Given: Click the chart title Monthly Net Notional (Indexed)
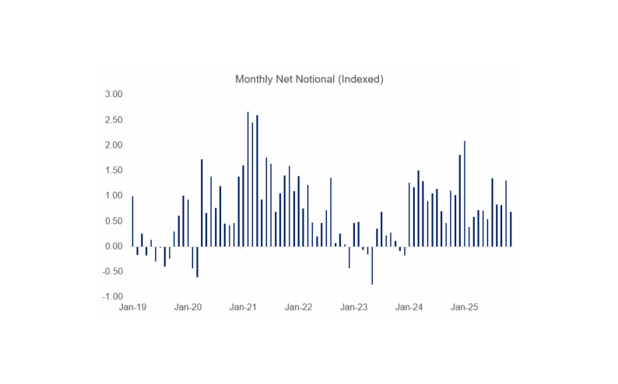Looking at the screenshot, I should click(309, 79).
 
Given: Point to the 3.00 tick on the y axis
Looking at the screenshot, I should click(114, 94).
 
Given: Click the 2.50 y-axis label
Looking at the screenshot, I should click(114, 120).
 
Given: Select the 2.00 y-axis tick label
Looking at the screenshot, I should click(114, 145).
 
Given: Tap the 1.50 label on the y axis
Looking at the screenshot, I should click(114, 170).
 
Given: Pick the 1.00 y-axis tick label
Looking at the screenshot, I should click(114, 196).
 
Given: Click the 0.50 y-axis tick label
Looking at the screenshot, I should click(114, 221).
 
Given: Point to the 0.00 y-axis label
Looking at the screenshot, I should click(114, 246).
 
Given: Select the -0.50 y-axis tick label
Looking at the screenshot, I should click(112, 271).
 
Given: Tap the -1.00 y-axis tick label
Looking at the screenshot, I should click(112, 297).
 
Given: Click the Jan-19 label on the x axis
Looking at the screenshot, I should click(132, 307).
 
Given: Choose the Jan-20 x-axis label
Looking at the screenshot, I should click(188, 307).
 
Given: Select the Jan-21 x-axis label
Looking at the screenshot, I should click(243, 307).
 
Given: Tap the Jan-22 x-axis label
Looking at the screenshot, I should click(298, 307).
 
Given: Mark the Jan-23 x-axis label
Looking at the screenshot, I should click(354, 307).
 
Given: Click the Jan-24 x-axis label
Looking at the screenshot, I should click(409, 307).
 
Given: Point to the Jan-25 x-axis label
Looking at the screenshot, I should click(465, 307).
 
